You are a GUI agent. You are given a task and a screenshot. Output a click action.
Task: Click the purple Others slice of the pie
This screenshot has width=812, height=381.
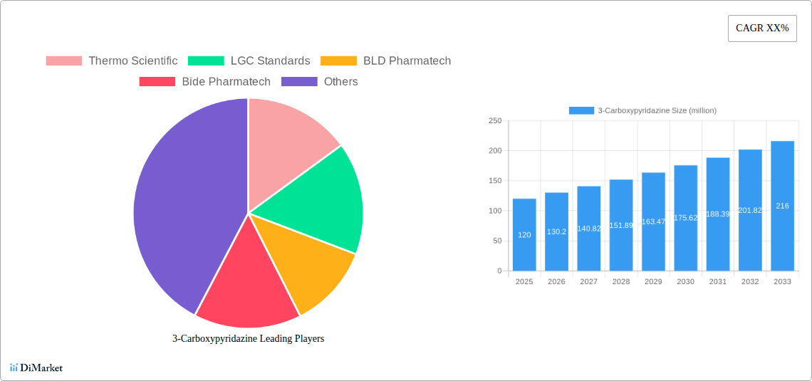point(178,207)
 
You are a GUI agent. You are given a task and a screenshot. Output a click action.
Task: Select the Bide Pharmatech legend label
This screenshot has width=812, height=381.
point(226,81)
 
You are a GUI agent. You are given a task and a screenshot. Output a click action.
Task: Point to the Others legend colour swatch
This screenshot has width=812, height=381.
point(299,81)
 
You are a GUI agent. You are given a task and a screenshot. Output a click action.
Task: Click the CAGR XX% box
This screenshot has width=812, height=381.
point(762,28)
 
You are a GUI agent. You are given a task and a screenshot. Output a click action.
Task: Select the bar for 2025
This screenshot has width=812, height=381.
point(524,235)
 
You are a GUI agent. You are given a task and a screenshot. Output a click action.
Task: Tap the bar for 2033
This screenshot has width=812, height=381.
point(782,206)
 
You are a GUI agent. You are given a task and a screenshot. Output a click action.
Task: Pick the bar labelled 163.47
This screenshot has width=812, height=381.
point(653,221)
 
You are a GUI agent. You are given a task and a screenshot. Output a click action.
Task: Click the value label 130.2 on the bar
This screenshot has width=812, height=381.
point(556,231)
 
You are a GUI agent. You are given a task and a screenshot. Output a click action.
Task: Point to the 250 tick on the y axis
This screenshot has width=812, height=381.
point(494,121)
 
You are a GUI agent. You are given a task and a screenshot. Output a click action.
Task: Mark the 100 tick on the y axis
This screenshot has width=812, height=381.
point(494,211)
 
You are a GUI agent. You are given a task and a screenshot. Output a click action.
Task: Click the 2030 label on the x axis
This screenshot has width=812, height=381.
point(685,282)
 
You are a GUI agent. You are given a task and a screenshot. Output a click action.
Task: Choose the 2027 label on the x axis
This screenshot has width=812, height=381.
point(588,282)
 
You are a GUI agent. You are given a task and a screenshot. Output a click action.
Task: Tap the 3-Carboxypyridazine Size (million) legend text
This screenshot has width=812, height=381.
point(657,110)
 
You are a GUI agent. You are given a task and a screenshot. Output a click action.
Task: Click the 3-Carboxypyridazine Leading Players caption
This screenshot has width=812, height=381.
point(248,338)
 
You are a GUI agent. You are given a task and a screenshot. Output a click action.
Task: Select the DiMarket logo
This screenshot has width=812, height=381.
point(36,367)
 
